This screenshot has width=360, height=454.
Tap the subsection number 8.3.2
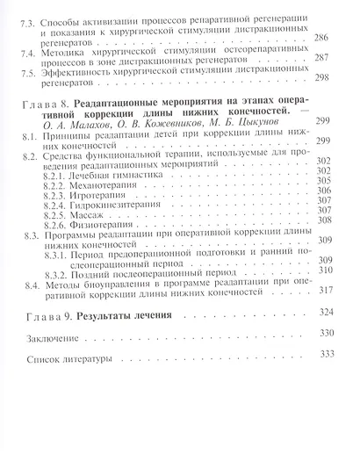[61, 320]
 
